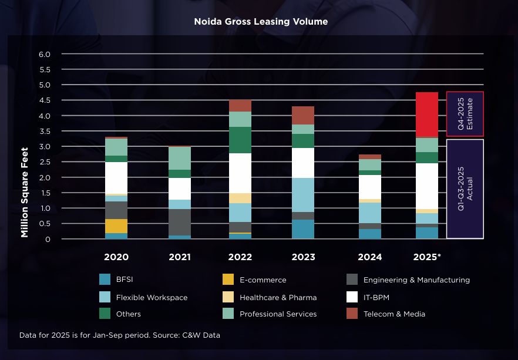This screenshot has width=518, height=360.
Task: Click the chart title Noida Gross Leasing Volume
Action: [x=261, y=21]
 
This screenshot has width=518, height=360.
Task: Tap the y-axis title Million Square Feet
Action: [x=25, y=192]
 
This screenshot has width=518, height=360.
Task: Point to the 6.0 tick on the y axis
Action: [x=45, y=54]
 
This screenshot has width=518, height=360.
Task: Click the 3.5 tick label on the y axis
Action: [x=45, y=131]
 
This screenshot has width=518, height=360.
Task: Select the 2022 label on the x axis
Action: [x=240, y=257]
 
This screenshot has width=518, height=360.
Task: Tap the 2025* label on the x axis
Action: [x=427, y=257]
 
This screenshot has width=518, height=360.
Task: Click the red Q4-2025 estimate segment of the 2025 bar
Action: [x=427, y=114]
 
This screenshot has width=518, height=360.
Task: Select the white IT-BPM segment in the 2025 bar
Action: [x=427, y=186]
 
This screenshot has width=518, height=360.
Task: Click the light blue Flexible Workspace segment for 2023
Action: [x=303, y=194]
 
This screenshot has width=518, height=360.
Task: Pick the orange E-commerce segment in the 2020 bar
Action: [x=116, y=226]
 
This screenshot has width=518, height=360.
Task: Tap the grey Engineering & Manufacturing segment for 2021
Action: [x=180, y=222]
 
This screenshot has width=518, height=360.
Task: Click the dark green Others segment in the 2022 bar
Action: [x=240, y=140]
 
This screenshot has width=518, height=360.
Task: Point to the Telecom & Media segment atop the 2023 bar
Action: [x=303, y=115]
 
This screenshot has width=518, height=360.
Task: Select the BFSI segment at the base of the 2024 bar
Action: [x=370, y=234]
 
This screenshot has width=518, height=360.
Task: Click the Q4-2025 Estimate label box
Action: [x=465, y=114]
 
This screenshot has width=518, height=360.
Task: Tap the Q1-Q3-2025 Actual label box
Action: [x=465, y=189]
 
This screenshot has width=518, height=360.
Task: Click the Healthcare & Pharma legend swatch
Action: [x=228, y=297]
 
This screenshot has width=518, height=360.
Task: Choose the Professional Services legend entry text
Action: [x=278, y=314]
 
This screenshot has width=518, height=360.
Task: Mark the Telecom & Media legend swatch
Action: [x=351, y=314]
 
